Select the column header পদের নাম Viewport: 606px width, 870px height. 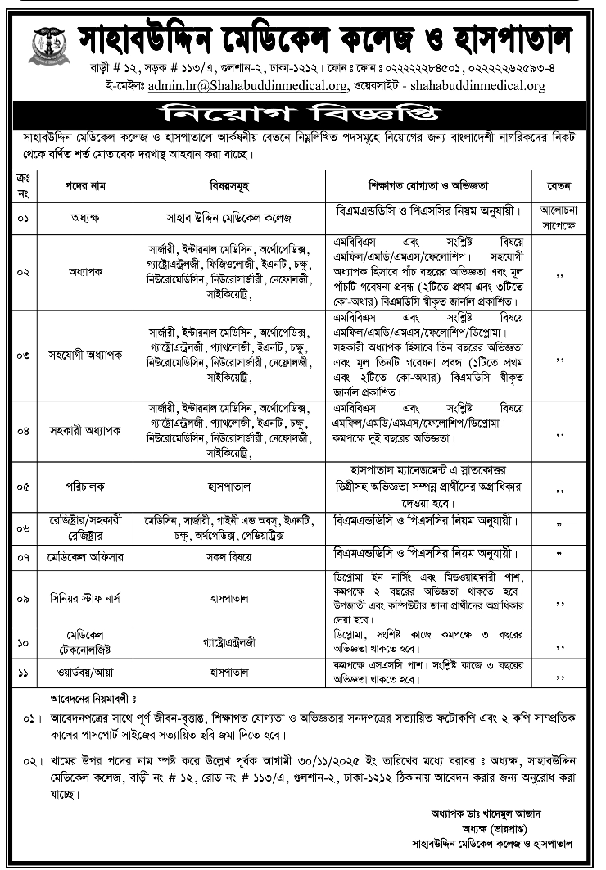(x=79, y=185)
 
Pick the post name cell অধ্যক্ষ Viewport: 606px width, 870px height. (x=79, y=218)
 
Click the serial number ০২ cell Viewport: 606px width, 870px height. (x=23, y=271)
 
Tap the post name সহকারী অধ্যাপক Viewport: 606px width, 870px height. (x=79, y=430)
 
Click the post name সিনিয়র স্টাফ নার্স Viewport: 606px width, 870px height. (x=79, y=600)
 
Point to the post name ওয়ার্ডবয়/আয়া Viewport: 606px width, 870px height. (x=79, y=677)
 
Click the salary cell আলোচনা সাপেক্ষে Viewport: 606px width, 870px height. (x=561, y=217)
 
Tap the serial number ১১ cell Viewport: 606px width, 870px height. (x=23, y=677)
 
